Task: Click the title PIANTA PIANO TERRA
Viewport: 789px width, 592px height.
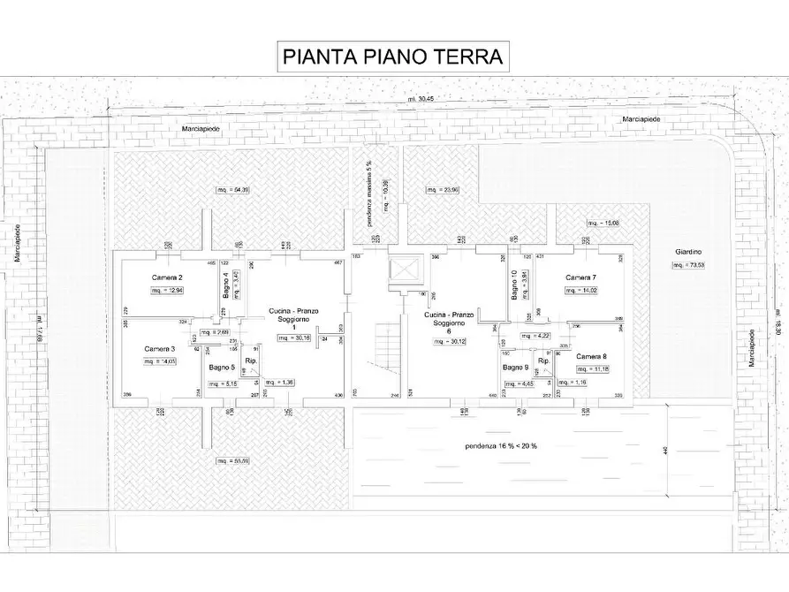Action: click(393, 57)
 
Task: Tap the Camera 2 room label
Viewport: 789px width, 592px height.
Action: click(167, 277)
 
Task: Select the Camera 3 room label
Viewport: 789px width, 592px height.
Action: click(161, 348)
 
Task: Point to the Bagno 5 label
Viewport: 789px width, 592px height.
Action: click(222, 367)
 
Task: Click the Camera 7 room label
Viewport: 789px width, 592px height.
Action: click(581, 277)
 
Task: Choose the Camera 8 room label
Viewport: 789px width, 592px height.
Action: click(592, 356)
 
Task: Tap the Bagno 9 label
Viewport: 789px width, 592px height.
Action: click(516, 367)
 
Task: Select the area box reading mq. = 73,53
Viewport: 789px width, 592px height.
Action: click(688, 264)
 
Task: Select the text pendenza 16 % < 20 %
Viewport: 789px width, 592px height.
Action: click(501, 445)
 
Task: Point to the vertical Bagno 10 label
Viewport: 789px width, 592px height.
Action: click(515, 285)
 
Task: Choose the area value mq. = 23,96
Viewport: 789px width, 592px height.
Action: click(443, 190)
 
